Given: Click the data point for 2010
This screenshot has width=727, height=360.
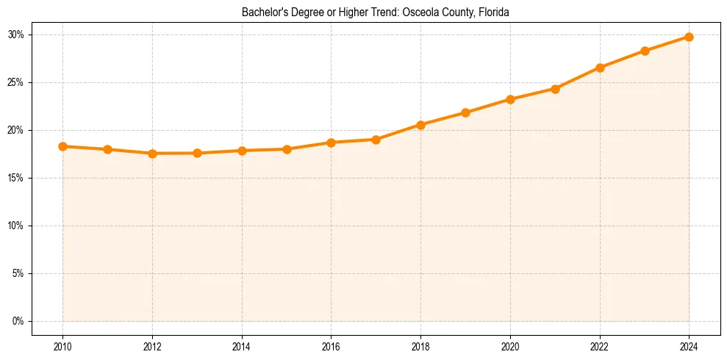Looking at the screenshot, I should click(62, 146).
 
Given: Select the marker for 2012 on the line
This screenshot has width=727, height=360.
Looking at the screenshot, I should click(152, 154).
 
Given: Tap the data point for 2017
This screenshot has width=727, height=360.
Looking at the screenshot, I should click(376, 140).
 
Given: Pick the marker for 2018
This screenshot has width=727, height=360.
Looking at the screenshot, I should click(420, 125).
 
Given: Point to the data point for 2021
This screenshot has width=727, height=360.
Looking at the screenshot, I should click(555, 89).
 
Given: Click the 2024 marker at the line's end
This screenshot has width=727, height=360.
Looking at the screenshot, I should click(689, 37).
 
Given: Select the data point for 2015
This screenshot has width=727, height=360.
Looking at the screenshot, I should click(287, 149).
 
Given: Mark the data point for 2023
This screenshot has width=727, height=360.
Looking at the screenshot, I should click(645, 51).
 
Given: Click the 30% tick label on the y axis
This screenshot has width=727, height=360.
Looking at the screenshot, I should click(16, 35).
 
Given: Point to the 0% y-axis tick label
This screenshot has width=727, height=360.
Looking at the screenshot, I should click(18, 321).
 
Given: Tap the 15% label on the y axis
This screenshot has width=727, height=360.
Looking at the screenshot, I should click(16, 178).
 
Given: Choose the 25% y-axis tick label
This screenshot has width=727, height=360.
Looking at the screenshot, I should click(16, 82).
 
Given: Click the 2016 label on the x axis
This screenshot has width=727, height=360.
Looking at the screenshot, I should click(331, 346).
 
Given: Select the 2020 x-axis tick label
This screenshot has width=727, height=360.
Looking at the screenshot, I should click(510, 346).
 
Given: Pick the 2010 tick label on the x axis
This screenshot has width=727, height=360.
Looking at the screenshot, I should click(62, 346).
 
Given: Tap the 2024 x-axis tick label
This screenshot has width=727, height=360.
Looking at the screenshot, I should click(689, 346).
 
